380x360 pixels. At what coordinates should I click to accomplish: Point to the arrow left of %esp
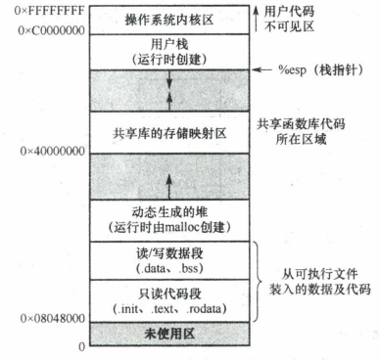264,70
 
